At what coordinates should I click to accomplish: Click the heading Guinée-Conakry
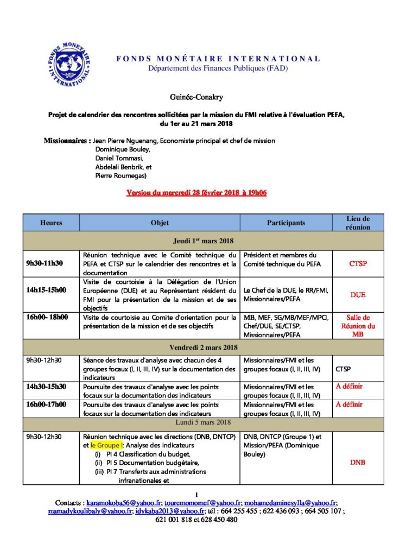196,97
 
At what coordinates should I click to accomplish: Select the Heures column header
51,223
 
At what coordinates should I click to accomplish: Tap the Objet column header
160,223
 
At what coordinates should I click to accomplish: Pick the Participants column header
286,223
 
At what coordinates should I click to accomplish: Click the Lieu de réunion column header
358,223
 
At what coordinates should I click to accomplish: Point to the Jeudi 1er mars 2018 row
203,240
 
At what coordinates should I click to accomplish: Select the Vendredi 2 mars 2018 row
203,347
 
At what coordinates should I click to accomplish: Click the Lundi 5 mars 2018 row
203,422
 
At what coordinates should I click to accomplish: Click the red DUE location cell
358,295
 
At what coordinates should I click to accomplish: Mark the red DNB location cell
358,463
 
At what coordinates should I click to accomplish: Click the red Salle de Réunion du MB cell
358,326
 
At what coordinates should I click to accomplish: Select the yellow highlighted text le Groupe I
107,445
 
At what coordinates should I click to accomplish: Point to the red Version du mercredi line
196,193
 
